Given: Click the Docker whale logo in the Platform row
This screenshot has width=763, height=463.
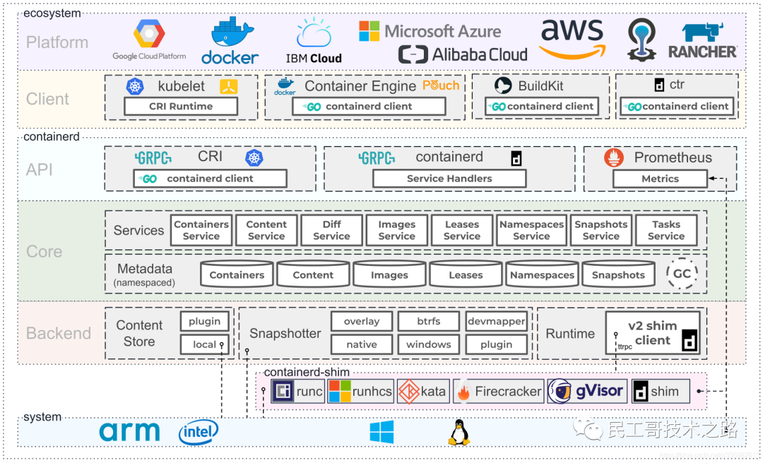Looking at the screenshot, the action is pos(230,41).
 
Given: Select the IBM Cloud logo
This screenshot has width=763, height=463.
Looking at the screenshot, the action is pos(314,41).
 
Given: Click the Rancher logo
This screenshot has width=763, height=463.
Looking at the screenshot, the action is pos(703,40).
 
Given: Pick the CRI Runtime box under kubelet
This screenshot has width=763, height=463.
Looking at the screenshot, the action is pos(181,106).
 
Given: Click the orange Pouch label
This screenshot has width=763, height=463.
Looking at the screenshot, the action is pos(441,86).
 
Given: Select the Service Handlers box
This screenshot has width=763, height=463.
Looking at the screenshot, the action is pos(449,179).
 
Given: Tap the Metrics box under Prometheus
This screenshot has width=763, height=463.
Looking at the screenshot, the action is pos(660,179).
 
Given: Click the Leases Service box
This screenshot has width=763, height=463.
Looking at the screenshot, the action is pos(462,230).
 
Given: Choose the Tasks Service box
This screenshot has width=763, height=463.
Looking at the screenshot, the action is pos(666,230).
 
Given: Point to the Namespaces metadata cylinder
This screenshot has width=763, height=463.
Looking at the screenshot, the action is pos(542,274).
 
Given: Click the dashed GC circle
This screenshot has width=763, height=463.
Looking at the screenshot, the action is pos(682,274).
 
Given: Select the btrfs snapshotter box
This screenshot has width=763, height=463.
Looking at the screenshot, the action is pos(428,322).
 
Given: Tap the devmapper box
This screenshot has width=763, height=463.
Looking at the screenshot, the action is pos(497,322).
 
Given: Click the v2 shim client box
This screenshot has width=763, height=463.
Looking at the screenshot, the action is pos(653,333).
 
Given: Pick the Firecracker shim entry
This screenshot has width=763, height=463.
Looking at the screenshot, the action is pos(498,392).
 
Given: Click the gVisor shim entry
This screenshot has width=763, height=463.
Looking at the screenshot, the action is pos(586,392).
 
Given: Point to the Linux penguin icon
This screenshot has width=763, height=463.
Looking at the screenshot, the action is pos(459,433).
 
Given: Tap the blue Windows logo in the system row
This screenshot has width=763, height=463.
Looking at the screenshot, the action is pos(381,432).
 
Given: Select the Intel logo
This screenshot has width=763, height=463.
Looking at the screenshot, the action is pos(199,432).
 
